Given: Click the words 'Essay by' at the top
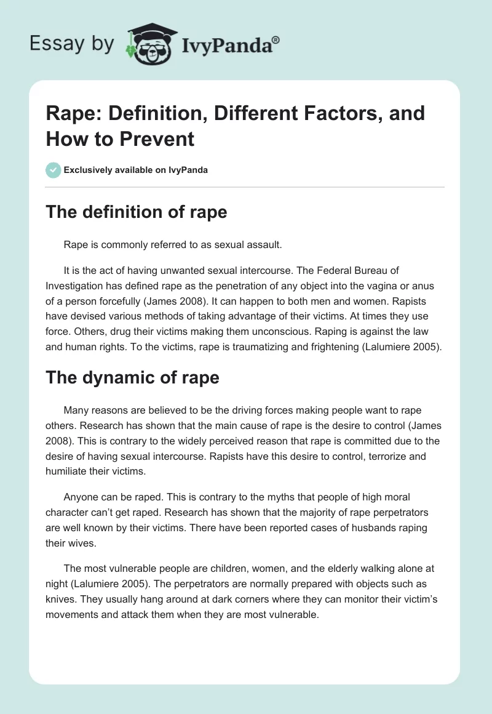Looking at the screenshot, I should pos(73,44).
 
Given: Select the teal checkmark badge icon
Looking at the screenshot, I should pos(54,170).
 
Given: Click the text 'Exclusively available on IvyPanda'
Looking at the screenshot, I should pos(136,170).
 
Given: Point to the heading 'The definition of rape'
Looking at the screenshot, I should pos(136,212).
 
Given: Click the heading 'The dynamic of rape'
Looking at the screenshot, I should pos(132,377).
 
